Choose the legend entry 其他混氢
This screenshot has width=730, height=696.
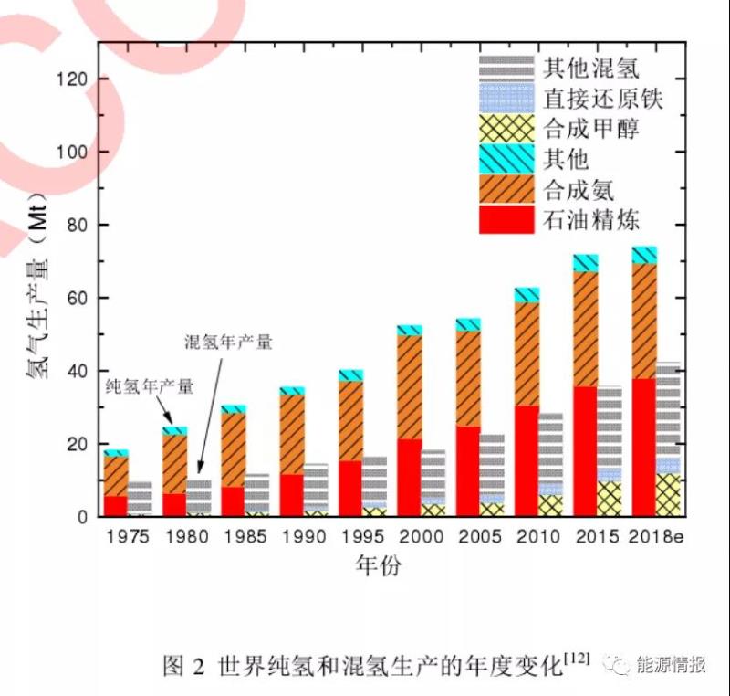[x=590, y=68]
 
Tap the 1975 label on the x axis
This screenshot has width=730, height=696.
[x=128, y=536]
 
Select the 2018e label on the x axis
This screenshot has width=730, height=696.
[x=657, y=536]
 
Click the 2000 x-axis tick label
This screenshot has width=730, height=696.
[x=422, y=536]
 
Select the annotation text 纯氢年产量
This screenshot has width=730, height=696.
[x=150, y=386]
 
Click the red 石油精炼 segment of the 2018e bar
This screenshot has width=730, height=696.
[x=643, y=448]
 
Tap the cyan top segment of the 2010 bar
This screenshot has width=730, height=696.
[x=527, y=294]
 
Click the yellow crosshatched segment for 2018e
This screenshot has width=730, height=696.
[x=668, y=494]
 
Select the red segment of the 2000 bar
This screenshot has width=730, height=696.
[x=410, y=478]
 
